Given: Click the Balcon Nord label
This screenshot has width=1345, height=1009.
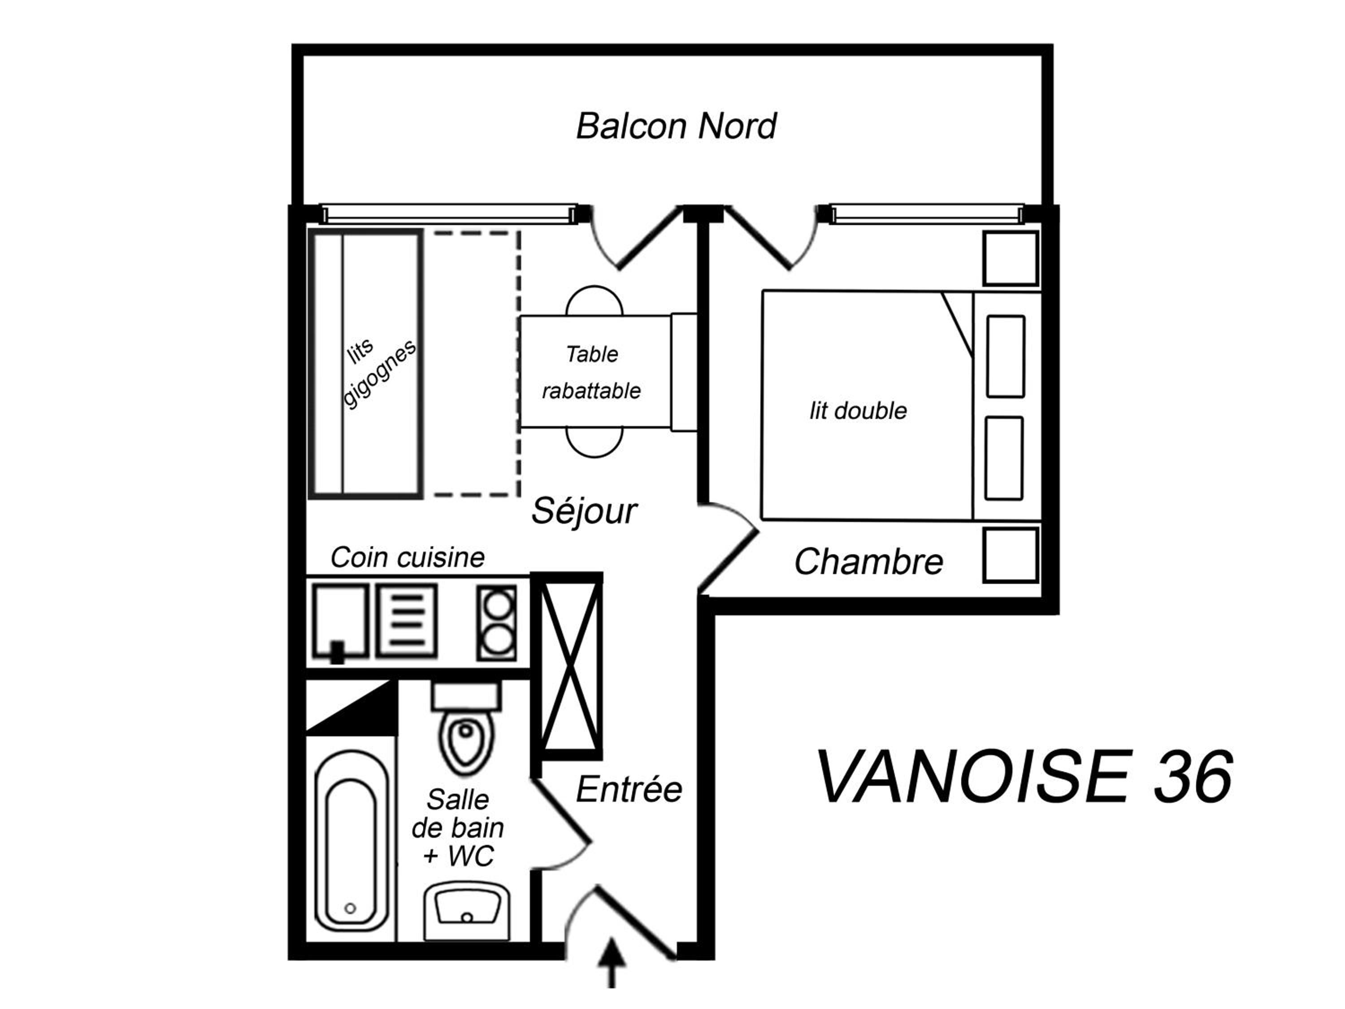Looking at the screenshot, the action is [x=676, y=126].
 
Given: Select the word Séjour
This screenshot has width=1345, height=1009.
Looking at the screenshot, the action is [x=584, y=510].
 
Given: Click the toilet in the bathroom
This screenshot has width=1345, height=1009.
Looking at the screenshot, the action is [x=466, y=728].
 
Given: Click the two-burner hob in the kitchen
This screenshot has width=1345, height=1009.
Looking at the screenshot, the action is [x=497, y=622].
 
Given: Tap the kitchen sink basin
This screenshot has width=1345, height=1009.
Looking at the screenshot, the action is [x=340, y=622].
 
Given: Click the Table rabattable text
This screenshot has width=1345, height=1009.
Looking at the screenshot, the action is [x=592, y=372].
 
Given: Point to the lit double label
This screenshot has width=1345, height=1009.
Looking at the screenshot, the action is [x=858, y=411].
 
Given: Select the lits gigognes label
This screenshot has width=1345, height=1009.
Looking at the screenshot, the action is [x=377, y=372].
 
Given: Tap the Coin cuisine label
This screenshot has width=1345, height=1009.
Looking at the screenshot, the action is [x=408, y=557].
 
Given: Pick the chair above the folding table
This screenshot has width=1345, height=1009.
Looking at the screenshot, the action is [x=594, y=300].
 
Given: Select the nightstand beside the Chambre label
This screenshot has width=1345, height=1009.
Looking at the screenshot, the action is [x=1010, y=555].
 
